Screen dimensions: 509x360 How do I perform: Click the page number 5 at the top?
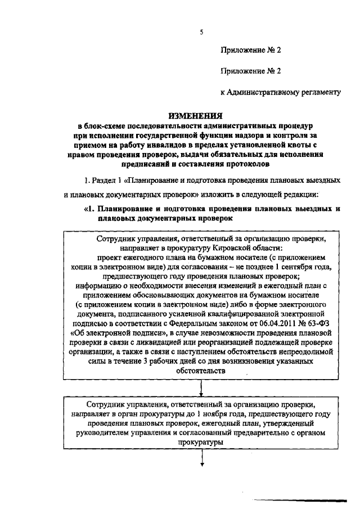click(201, 32)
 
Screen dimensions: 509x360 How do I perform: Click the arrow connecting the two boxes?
click(201, 389)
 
